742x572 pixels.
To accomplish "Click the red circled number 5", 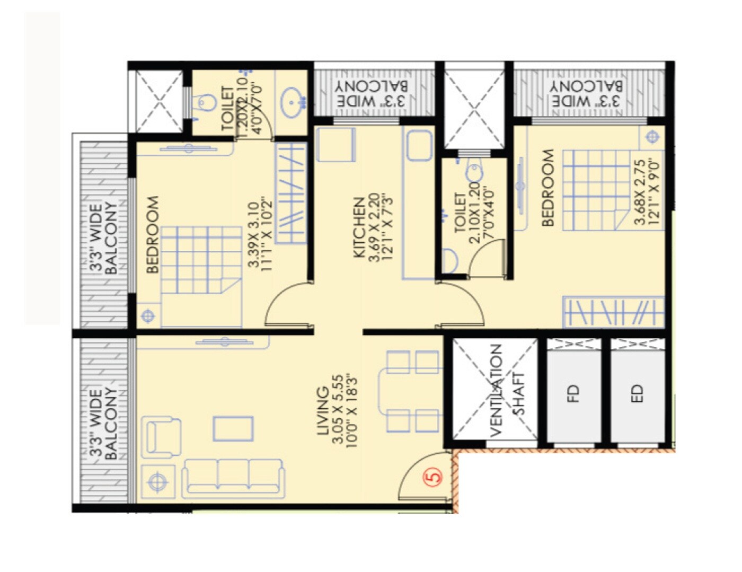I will tap(434, 476).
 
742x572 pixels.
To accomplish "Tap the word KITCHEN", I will tap(359, 228).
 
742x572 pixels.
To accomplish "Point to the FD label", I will tap(573, 393).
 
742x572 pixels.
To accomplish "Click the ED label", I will tap(637, 393).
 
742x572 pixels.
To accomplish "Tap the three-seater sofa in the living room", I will tap(233, 478).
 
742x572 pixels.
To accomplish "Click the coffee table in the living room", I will tap(233, 428).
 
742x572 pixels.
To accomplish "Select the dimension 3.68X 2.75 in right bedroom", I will tap(640, 192).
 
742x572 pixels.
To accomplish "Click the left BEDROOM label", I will tap(153, 234).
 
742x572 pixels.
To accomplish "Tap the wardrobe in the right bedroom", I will tap(613, 312).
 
